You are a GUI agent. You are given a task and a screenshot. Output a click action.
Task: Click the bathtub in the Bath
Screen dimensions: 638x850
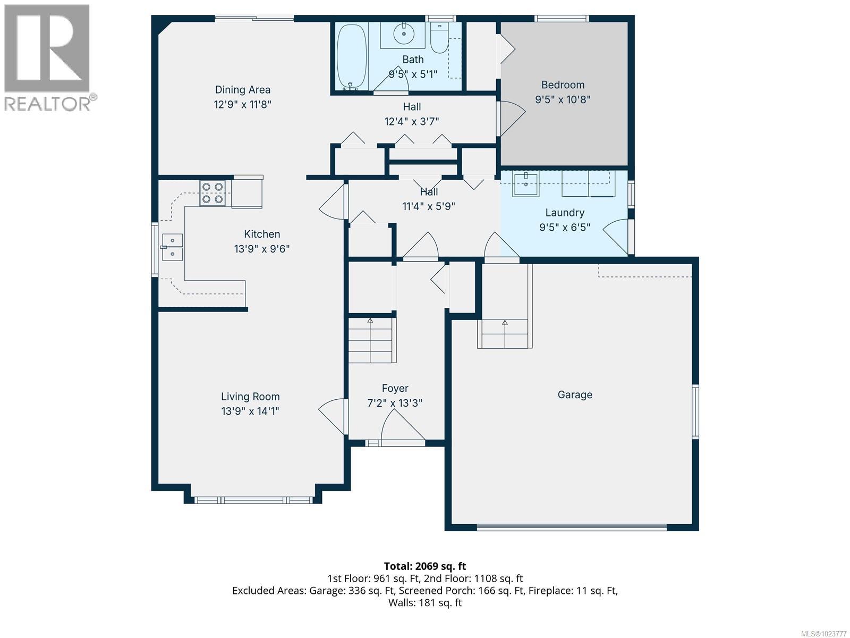pos(352,56)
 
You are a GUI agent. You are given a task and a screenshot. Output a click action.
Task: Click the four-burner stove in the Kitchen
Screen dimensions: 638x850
pos(212,194)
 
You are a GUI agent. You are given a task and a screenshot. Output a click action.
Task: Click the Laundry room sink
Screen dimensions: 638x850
pos(526,184)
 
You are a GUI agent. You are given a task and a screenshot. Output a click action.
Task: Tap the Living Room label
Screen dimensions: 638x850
pos(250,397)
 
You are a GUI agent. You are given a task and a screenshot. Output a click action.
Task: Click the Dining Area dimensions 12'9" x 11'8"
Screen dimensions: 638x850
pos(243,105)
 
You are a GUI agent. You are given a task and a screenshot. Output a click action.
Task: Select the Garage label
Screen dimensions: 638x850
pos(575,394)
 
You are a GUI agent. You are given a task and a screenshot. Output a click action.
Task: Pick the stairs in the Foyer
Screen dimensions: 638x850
pos(371,340)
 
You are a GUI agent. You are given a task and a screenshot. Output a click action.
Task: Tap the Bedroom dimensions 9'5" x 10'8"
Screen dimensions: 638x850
pos(563,99)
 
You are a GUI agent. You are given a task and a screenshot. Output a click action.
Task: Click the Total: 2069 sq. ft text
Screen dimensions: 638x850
pos(424,566)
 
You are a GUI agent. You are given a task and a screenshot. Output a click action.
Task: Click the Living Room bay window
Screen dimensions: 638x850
pos(253,500)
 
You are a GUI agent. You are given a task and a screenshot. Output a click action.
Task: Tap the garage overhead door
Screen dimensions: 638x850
pos(572,527)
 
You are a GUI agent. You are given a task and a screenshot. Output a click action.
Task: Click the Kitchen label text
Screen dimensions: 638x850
pos(262,234)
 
